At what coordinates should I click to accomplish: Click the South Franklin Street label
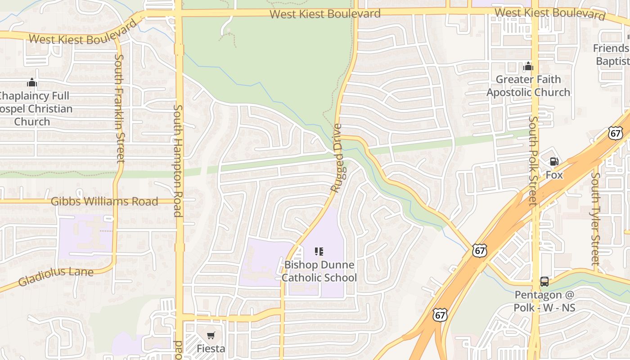pyautogui.click(x=120, y=108)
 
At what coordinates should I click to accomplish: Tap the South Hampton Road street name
pyautogui.click(x=178, y=161)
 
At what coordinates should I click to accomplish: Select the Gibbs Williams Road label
pyautogui.click(x=104, y=201)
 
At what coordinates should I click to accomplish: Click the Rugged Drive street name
pyautogui.click(x=337, y=158)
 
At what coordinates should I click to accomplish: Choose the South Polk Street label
pyautogui.click(x=533, y=161)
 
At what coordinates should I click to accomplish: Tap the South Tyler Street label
pyautogui.click(x=596, y=219)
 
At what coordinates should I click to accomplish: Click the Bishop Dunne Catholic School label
pyautogui.click(x=319, y=271)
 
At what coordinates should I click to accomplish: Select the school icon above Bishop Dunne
pyautogui.click(x=319, y=252)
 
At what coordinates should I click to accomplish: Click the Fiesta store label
pyautogui.click(x=211, y=348)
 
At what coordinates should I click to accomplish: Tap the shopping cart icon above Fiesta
pyautogui.click(x=211, y=335)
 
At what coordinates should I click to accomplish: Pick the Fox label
pyautogui.click(x=554, y=175)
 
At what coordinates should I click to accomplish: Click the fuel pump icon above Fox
pyautogui.click(x=554, y=162)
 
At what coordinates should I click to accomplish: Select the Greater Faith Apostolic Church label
pyautogui.click(x=528, y=86)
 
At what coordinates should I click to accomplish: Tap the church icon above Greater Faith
pyautogui.click(x=528, y=67)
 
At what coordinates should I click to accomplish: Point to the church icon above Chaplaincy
pyautogui.click(x=32, y=83)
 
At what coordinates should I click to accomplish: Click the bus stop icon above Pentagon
pyautogui.click(x=544, y=282)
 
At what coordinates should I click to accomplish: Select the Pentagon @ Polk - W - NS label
pyautogui.click(x=544, y=301)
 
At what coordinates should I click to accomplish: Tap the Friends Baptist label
pyautogui.click(x=612, y=54)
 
